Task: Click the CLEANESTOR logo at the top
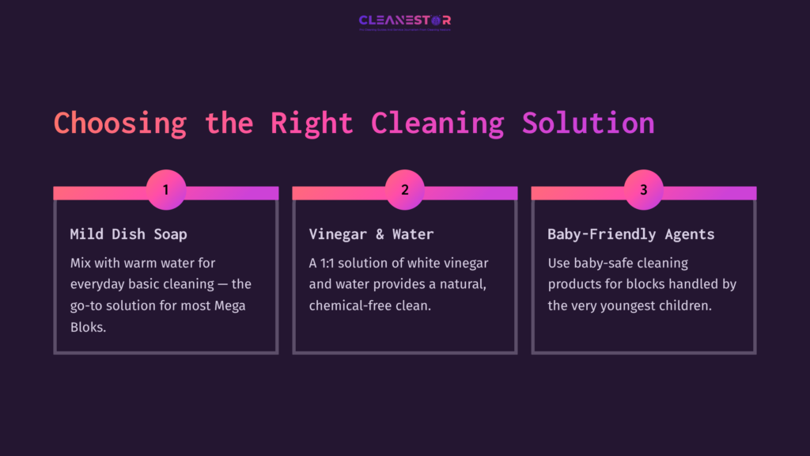pyautogui.click(x=404, y=21)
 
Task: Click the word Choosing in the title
pyautogui.click(x=120, y=123)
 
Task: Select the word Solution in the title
pyautogui.click(x=588, y=123)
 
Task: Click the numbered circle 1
pyautogui.click(x=165, y=190)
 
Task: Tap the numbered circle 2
pyautogui.click(x=404, y=190)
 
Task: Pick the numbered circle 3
pyautogui.click(x=643, y=190)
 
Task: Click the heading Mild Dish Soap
pyautogui.click(x=128, y=234)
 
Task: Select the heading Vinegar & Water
pyautogui.click(x=371, y=234)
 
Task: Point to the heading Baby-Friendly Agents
pyautogui.click(x=630, y=234)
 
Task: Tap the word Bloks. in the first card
pyautogui.click(x=88, y=327)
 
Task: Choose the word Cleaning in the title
pyautogui.click(x=437, y=123)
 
